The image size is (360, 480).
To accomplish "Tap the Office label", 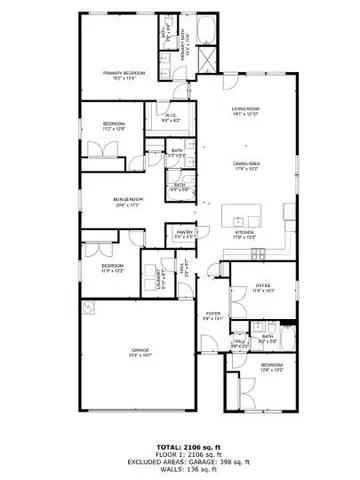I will click(262, 288).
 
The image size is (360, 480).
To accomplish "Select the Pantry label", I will click(184, 234).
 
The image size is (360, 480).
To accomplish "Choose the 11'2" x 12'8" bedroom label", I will click(113, 126).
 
